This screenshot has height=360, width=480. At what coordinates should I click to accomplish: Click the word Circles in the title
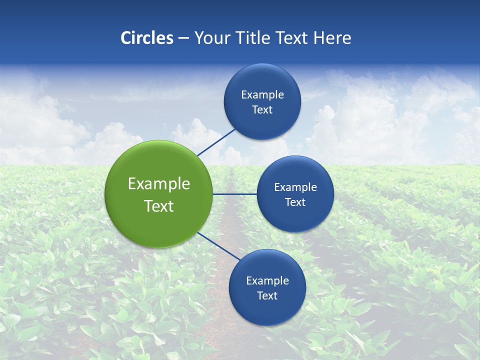pyautogui.click(x=147, y=38)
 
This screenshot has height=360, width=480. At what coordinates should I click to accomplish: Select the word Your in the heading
pyautogui.click(x=210, y=38)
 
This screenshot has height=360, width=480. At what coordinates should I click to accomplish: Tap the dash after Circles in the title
pyautogui.click(x=183, y=38)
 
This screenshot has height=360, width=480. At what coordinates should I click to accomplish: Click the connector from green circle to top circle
pyautogui.click(x=216, y=142)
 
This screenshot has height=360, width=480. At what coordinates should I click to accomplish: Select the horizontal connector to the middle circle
pyautogui.click(x=235, y=194)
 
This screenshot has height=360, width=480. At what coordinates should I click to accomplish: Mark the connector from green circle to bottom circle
pyautogui.click(x=219, y=246)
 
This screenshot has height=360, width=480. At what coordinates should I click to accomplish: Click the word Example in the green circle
pyautogui.click(x=159, y=184)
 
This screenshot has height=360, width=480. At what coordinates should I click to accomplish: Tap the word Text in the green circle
pyautogui.click(x=159, y=206)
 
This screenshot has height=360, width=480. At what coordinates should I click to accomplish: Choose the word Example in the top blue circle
pyautogui.click(x=262, y=95)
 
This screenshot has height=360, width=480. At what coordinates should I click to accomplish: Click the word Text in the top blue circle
pyautogui.click(x=262, y=110)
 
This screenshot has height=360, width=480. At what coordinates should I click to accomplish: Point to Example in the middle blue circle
pyautogui.click(x=295, y=187)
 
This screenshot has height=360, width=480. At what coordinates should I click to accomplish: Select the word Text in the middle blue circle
pyautogui.click(x=295, y=202)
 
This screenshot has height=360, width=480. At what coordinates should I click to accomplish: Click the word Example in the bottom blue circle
pyautogui.click(x=267, y=281)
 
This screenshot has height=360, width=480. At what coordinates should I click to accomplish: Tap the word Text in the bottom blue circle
pyautogui.click(x=267, y=296)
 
